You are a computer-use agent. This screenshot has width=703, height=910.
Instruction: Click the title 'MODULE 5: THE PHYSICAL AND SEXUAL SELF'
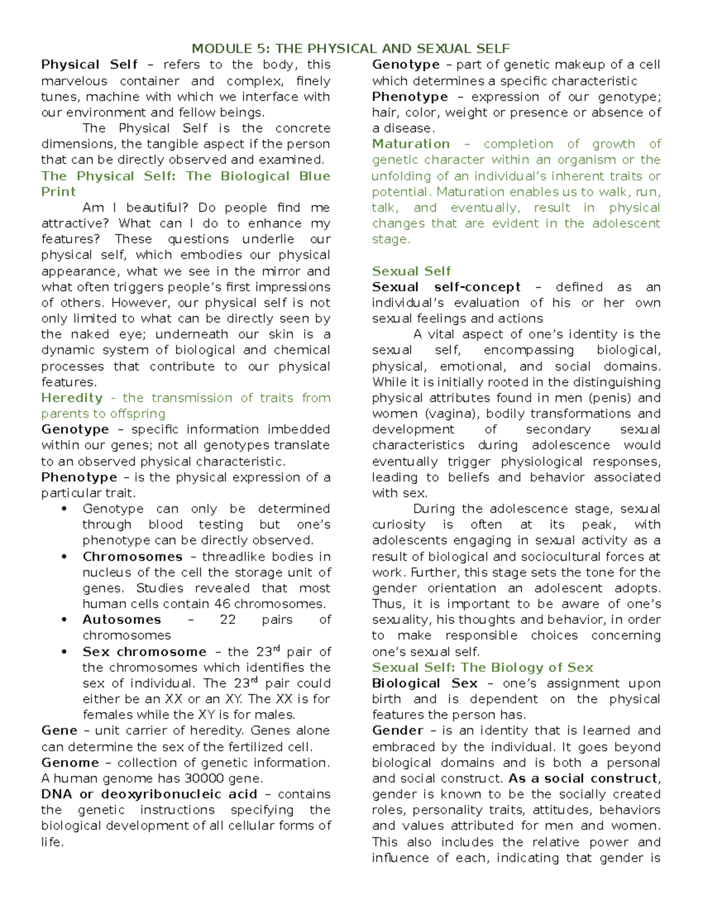(x=351, y=49)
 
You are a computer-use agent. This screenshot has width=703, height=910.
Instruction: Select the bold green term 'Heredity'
(x=71, y=398)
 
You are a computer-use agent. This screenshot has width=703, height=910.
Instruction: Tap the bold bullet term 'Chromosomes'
(x=132, y=557)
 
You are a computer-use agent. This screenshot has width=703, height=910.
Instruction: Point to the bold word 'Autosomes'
(x=121, y=620)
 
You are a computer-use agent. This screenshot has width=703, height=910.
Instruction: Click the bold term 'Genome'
(x=70, y=763)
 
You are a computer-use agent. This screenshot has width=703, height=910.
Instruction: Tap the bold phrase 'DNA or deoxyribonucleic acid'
(x=149, y=795)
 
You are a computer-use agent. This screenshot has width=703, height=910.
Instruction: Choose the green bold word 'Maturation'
(x=411, y=144)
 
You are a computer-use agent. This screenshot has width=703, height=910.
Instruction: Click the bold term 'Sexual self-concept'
(x=446, y=287)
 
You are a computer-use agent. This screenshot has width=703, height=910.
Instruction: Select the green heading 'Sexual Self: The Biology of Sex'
(x=482, y=668)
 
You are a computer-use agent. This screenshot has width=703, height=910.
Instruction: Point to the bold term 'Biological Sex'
(x=424, y=684)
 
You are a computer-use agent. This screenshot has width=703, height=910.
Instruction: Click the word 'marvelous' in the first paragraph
(x=74, y=81)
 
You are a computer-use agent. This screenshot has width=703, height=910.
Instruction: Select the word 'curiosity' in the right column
(x=398, y=525)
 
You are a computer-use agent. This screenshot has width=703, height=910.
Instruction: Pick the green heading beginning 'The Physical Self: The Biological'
(x=185, y=176)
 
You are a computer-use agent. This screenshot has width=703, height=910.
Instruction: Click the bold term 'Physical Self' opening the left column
(x=89, y=65)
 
